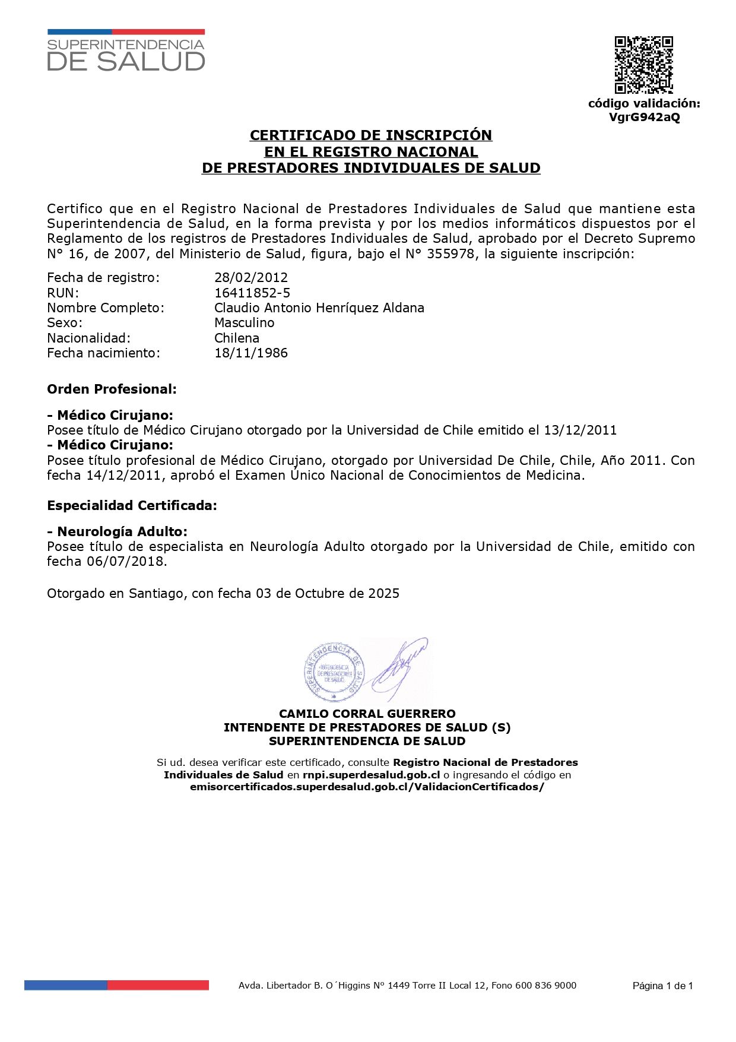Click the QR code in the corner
click(643, 65)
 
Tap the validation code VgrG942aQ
click(644, 117)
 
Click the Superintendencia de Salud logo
click(126, 50)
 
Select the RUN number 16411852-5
click(252, 293)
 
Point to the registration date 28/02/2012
click(251, 277)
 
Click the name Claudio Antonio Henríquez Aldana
click(319, 308)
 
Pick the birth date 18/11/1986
click(251, 353)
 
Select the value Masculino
click(245, 322)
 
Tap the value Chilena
click(237, 338)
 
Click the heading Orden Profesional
click(112, 389)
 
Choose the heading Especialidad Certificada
click(132, 506)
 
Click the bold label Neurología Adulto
click(122, 531)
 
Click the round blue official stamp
click(332, 672)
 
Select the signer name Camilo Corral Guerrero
click(367, 714)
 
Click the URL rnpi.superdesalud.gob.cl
click(371, 775)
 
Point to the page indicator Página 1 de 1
click(662, 986)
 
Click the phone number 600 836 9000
click(545, 986)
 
